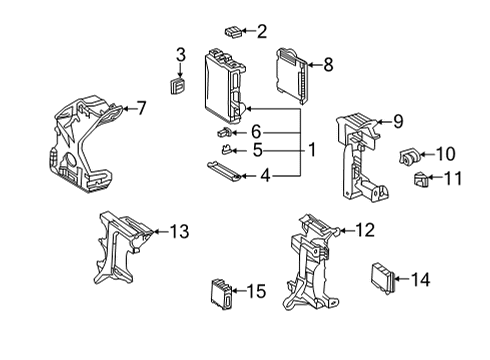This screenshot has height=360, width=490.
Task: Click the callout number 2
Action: click(262, 32)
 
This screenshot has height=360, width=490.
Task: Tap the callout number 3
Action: click(180, 53)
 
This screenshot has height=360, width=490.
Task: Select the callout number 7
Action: click(141, 107)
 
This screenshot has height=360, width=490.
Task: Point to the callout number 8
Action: click(327, 65)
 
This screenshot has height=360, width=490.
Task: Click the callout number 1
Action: click(312, 150)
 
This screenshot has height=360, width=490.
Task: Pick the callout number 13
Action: click(178, 232)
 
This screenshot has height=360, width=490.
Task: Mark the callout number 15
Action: click(256, 291)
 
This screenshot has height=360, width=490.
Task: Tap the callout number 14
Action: click(420, 280)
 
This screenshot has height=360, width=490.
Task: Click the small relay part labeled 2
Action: click(232, 31)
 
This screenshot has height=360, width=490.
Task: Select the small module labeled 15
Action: click(221, 292)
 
